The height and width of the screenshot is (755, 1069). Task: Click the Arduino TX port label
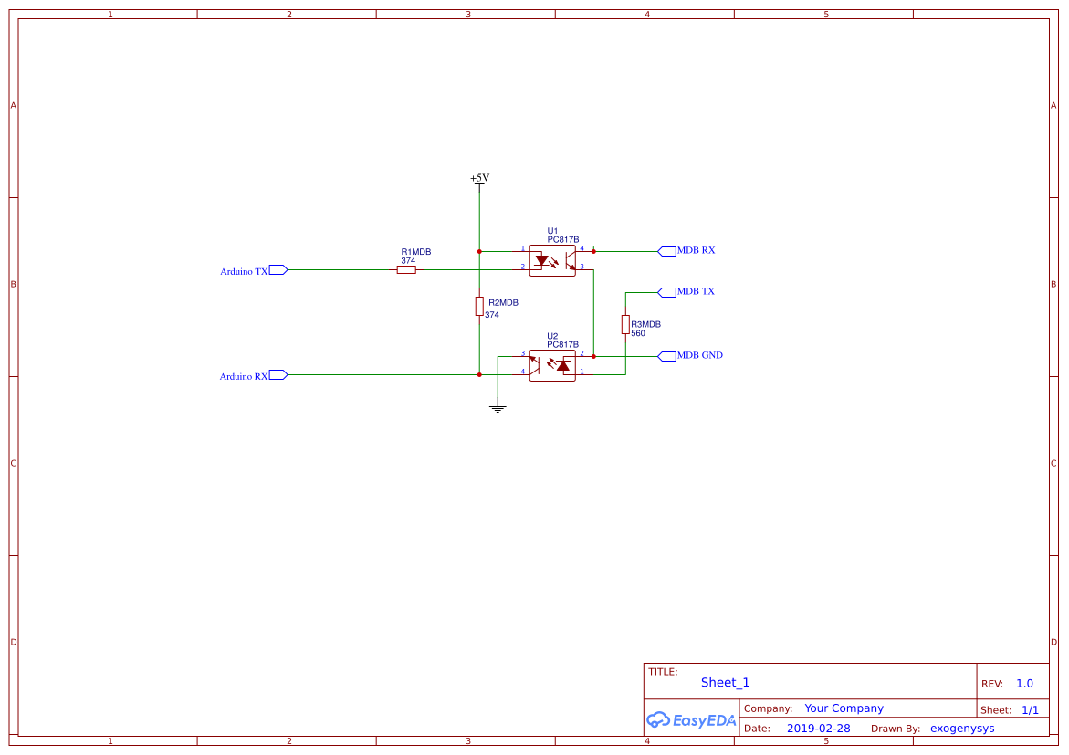click(244, 271)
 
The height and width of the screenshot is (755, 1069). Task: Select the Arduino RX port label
click(244, 376)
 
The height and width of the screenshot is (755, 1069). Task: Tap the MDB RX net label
click(696, 250)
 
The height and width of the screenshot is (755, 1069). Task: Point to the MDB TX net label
click(696, 292)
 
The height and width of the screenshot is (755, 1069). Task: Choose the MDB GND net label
click(699, 355)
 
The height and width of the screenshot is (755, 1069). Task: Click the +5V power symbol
click(479, 179)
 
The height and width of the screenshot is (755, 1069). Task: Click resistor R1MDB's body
click(406, 269)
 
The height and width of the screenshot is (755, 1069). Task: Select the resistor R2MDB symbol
click(479, 306)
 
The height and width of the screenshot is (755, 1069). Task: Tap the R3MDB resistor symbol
click(625, 324)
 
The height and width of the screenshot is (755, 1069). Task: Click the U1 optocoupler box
click(552, 260)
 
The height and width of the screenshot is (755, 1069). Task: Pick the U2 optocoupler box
click(552, 365)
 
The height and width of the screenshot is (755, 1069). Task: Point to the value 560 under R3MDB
click(638, 333)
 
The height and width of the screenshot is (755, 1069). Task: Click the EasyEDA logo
click(691, 719)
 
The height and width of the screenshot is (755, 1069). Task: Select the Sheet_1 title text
click(725, 682)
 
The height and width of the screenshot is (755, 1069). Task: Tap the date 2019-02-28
click(818, 729)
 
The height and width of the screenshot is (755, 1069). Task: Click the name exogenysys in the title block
click(962, 729)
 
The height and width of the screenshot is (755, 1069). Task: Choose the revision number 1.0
click(1024, 683)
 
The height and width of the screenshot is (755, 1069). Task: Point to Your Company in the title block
click(844, 708)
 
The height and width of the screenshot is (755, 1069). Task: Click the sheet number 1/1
click(1030, 709)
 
